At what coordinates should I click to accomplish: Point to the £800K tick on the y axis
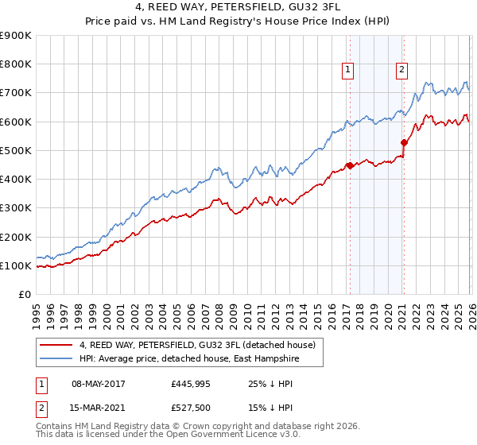(16, 64)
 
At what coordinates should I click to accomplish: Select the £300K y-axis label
(16, 208)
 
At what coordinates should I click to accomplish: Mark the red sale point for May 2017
(349, 166)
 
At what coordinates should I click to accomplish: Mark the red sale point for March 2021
(404, 143)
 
